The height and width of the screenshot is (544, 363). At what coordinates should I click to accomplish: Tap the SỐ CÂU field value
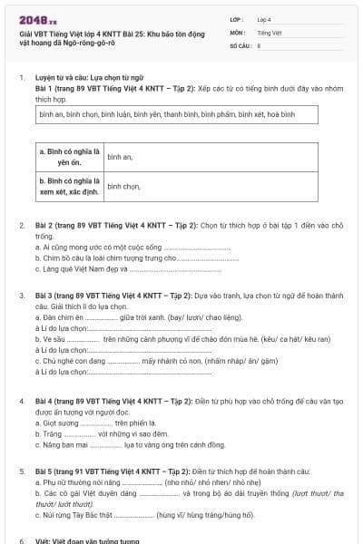[x=260, y=44]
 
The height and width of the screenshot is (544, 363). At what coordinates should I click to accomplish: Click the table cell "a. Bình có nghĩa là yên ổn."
[x=70, y=156]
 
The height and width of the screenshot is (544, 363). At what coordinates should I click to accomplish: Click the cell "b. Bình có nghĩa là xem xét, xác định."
[x=70, y=186]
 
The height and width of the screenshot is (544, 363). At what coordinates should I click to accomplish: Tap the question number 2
[x=21, y=224]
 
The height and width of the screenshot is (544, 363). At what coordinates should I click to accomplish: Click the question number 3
[x=21, y=296]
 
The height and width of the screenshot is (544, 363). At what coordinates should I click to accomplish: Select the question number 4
[x=21, y=400]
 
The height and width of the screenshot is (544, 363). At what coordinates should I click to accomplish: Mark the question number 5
[x=21, y=471]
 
